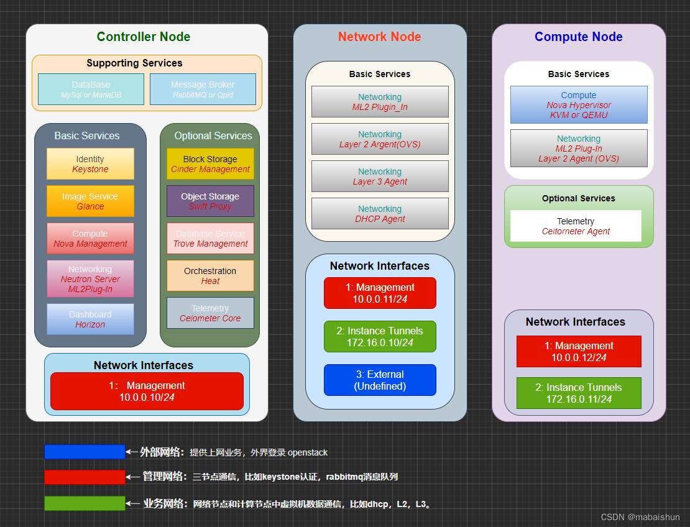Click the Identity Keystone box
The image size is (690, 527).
coord(90,164)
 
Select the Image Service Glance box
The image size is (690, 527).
coord(90,201)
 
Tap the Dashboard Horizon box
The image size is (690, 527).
coord(90,319)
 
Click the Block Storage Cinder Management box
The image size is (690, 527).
coord(210,164)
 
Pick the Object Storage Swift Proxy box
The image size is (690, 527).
coord(210,201)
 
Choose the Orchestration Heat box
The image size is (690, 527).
coord(210,276)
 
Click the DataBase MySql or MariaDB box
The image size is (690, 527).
coord(91,89)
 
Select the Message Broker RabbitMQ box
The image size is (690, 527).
coord(203,89)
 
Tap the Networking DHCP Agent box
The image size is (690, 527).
coord(380,214)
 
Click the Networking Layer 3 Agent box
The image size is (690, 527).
coord(380,176)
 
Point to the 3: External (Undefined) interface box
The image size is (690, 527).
coord(380,380)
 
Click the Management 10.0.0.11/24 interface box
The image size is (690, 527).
coord(380,293)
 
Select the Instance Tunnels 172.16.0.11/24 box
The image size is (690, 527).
coord(579,393)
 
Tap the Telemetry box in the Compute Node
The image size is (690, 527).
coord(576,226)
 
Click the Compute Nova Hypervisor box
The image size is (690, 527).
coord(579,105)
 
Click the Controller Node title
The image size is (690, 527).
coord(144,37)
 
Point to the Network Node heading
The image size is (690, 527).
coord(380,37)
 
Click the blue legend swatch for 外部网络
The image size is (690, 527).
coord(85,452)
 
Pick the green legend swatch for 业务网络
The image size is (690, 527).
coord(85,503)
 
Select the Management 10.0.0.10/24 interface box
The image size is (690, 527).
coord(147,391)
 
